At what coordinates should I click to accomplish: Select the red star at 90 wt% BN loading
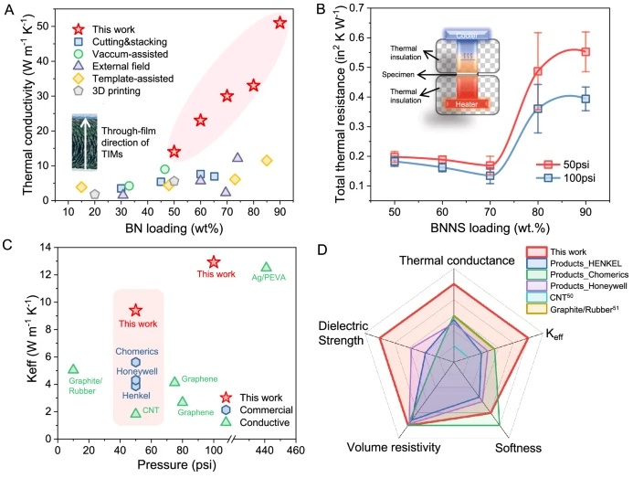(280, 23)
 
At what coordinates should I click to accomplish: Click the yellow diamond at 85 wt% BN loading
(267, 161)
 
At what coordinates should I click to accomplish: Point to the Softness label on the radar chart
(518, 449)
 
